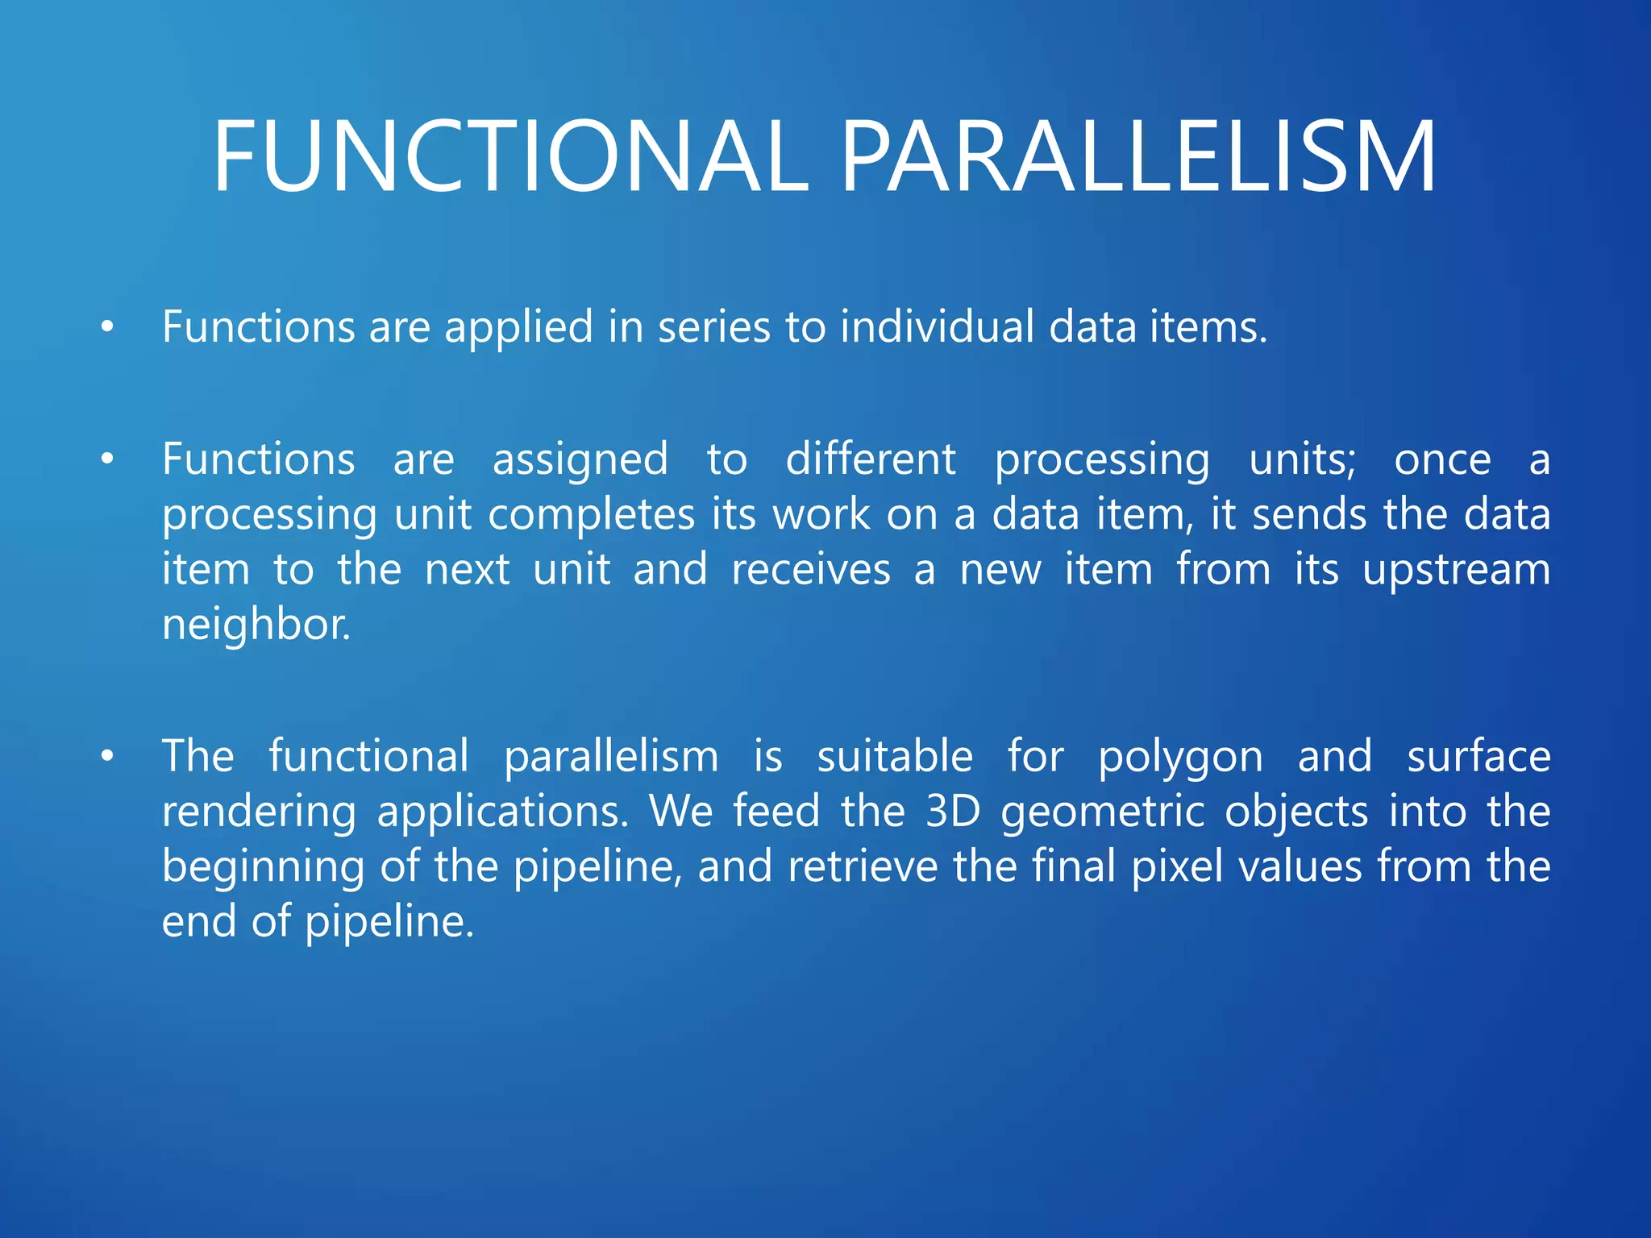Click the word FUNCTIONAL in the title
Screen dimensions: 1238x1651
[509, 157]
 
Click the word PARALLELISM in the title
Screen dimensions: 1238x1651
[1137, 157]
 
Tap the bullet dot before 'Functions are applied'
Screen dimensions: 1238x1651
[107, 327]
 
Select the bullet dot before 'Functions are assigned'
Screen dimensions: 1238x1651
[107, 459]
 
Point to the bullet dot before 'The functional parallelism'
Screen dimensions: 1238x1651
[107, 756]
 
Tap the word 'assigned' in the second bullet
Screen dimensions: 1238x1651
[580, 459]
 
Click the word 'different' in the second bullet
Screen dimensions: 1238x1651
[871, 459]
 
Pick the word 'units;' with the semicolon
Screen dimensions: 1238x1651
[1303, 459]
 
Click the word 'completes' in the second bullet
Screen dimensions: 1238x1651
[591, 516]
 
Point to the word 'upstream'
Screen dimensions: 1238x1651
[1456, 571]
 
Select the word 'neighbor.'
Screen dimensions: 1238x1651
[256, 625]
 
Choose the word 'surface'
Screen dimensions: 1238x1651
[1478, 758]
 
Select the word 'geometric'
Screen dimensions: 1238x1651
[1103, 812]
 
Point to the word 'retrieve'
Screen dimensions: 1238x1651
[863, 866]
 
